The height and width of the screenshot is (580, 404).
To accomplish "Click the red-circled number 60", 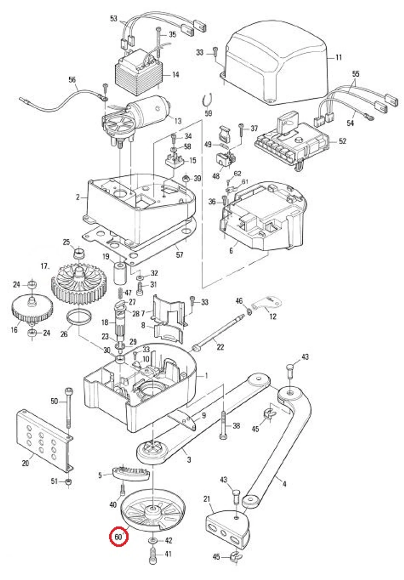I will click(118, 537).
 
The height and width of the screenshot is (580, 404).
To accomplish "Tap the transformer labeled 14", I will click(138, 74).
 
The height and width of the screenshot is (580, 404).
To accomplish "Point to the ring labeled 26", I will click(79, 317).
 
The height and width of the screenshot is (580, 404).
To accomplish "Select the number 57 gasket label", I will click(180, 255).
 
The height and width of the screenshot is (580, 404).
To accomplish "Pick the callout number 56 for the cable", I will click(72, 79).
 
